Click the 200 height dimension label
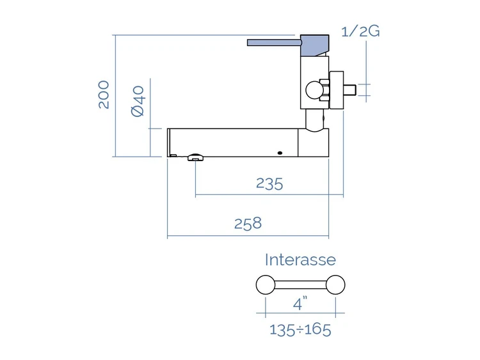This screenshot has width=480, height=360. [x=104, y=95]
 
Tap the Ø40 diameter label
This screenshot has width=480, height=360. [x=138, y=101]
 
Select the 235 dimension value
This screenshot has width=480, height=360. [x=269, y=184]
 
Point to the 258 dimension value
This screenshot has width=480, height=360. [x=248, y=223]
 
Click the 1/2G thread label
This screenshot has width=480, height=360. [x=360, y=31]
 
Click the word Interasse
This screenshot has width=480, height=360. [x=300, y=260]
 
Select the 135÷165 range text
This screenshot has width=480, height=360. [x=300, y=330]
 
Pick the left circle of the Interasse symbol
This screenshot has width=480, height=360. [x=266, y=285]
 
